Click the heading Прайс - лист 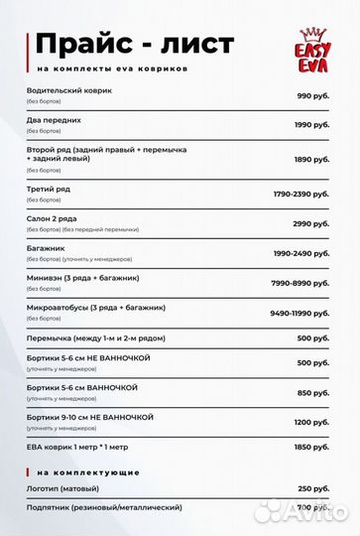pos(135,44)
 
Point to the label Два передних pos(55,120)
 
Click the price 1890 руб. pos(310,159)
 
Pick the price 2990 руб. pos(310,223)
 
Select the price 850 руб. pos(312,392)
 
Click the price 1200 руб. pos(310,422)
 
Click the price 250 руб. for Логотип pos(312,489)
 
